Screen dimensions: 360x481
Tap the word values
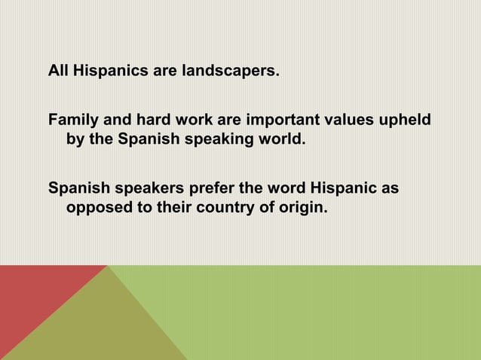click(354, 121)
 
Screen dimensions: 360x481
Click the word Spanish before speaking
click(148, 139)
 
